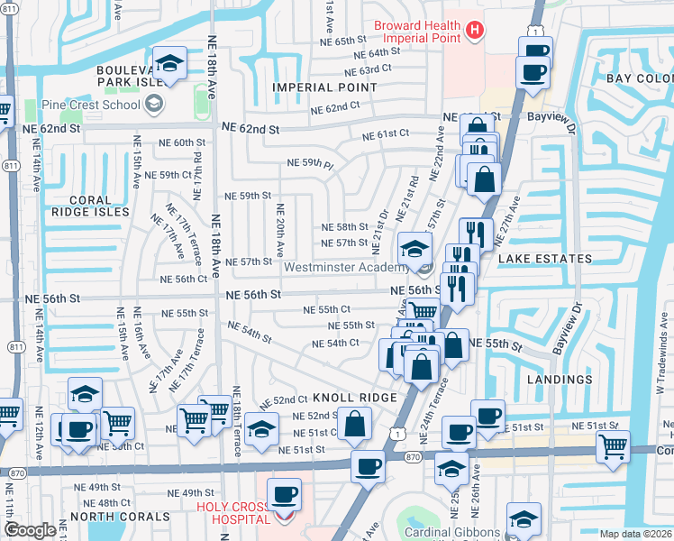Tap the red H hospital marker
click(x=476, y=32)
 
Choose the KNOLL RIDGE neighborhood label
click(x=354, y=398)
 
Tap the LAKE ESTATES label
click(x=545, y=259)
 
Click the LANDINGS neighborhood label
click(x=557, y=381)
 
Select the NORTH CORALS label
click(x=120, y=517)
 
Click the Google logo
click(x=30, y=530)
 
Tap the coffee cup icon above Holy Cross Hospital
click(x=285, y=494)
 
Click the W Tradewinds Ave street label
click(x=660, y=361)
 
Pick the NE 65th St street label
click(x=337, y=41)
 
